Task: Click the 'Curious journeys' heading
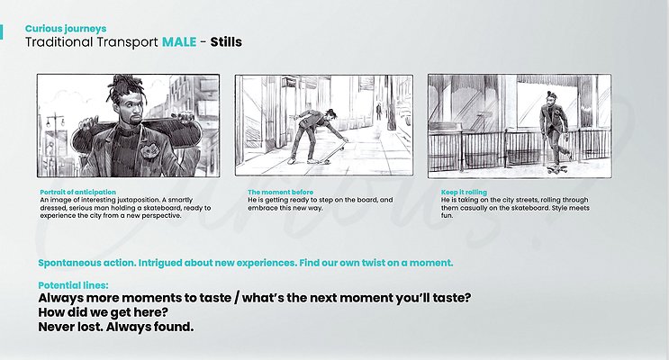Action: click(x=66, y=29)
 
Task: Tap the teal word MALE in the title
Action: click(x=179, y=41)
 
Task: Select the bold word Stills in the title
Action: click(x=226, y=41)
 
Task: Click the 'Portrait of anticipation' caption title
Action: click(x=77, y=192)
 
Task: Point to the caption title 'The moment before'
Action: click(x=280, y=192)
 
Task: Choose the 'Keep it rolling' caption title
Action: click(x=464, y=192)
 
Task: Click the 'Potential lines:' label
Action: click(x=74, y=285)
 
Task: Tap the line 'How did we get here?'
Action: click(x=103, y=312)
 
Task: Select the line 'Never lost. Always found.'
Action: click(x=116, y=327)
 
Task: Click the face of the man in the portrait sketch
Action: click(x=130, y=108)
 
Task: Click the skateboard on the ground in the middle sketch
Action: click(x=334, y=153)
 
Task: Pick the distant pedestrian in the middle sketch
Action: click(x=378, y=112)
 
